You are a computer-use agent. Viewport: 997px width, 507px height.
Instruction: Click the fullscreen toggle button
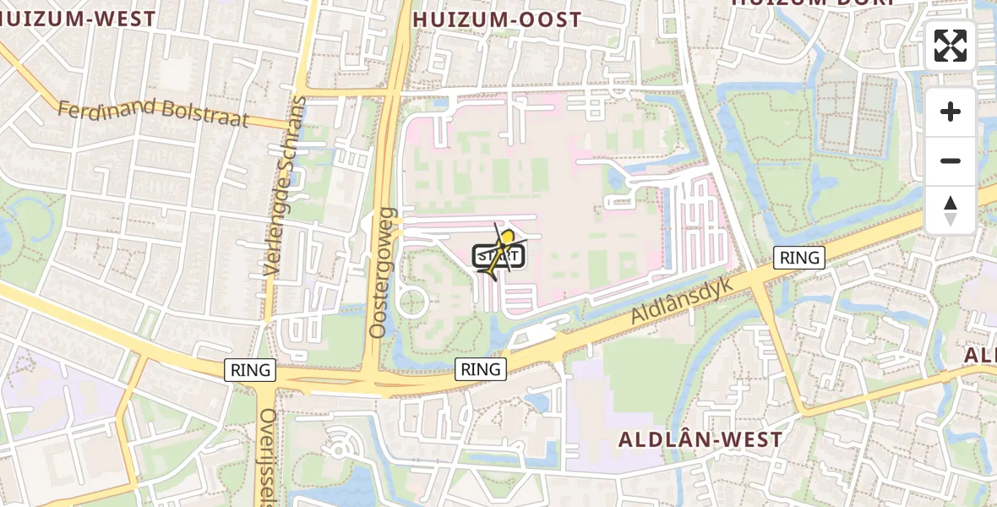pos(951,46)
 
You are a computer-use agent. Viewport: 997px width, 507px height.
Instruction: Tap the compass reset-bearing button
pos(951,210)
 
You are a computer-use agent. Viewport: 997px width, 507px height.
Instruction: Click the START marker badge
pos(498,255)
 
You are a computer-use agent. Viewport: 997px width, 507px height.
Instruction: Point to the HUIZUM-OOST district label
pos(497,19)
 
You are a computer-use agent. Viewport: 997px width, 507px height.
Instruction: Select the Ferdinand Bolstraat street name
pos(153,112)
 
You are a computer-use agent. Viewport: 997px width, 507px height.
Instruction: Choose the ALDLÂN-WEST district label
pos(700,439)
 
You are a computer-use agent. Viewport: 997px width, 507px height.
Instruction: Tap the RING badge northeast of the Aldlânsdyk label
pos(799,258)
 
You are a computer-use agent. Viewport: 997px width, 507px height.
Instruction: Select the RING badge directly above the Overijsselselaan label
pos(251,369)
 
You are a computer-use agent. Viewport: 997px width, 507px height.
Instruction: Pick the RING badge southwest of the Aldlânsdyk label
pos(481,368)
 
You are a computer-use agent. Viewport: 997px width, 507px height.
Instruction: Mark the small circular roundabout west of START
pos(412,302)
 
